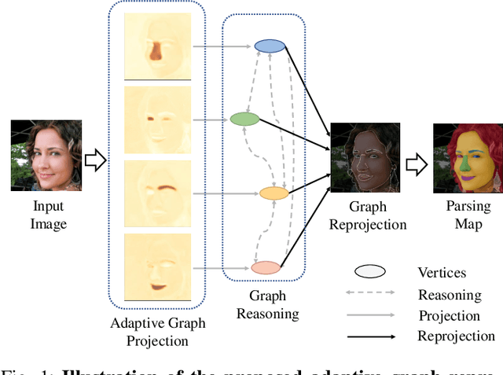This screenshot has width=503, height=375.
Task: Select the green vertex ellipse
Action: (244, 119)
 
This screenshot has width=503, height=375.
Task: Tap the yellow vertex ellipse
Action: (274, 193)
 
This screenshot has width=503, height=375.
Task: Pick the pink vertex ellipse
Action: (266, 267)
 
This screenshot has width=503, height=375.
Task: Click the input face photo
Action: (46, 156)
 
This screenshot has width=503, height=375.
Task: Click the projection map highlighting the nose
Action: (156, 45)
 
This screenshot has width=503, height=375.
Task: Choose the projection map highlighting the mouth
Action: (156, 267)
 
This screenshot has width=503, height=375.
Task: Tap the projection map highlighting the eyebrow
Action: (156, 193)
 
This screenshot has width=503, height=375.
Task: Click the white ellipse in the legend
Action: (369, 271)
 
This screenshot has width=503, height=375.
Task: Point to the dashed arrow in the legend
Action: (369, 295)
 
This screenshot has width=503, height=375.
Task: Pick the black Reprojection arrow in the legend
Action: (369, 336)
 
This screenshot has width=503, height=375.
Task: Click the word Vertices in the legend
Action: (442, 273)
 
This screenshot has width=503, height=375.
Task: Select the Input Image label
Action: (48, 215)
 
